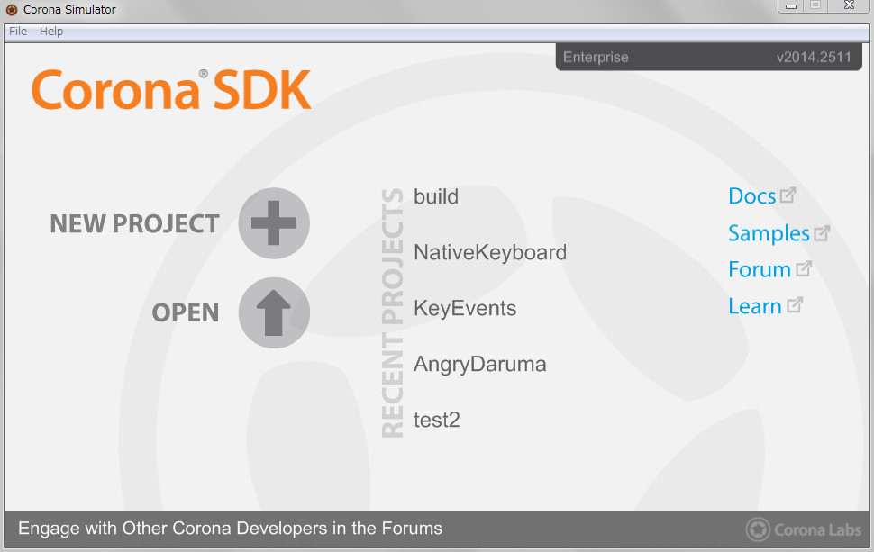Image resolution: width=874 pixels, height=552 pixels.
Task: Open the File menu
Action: pos(18,32)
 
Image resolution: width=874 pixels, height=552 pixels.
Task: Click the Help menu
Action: pos(50,32)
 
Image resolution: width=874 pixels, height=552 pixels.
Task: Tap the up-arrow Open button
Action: pos(274,312)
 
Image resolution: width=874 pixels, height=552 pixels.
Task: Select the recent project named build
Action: pos(436,196)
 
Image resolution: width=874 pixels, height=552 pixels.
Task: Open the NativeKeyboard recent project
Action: pos(490,252)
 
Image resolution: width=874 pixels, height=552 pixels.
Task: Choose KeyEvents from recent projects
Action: pos(465,308)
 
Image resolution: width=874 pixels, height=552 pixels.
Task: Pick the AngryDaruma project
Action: pos(480,365)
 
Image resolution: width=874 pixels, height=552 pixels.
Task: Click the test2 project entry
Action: pos(436,420)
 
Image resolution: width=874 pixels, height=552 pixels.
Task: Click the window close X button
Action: pos(849,5)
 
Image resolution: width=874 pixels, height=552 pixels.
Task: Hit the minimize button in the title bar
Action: pos(791,5)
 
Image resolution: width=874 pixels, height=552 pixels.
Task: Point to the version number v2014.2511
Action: pos(814,57)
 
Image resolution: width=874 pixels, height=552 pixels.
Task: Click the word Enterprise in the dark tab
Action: pos(596,58)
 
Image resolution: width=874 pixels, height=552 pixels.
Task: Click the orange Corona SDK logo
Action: pos(171,89)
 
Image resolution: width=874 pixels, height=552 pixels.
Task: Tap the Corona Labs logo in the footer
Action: pos(803,529)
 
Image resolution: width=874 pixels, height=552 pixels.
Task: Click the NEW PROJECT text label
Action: pos(134,224)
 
